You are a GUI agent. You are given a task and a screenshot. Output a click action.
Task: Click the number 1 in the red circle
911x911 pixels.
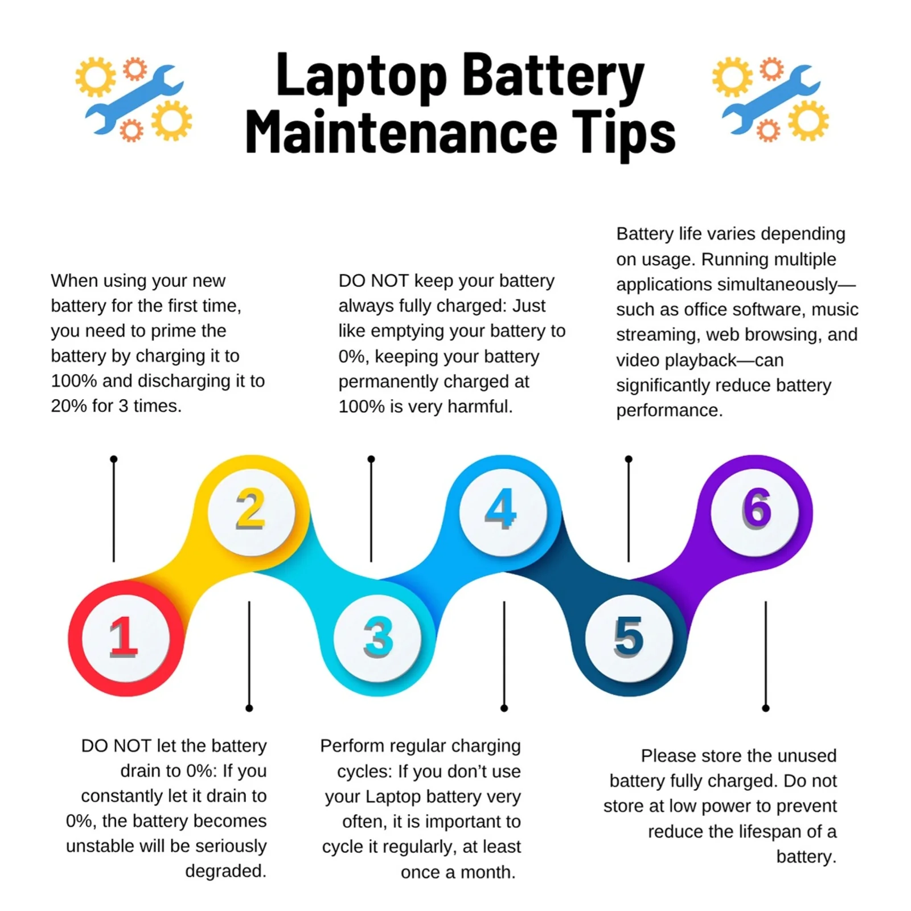pyautogui.click(x=124, y=637)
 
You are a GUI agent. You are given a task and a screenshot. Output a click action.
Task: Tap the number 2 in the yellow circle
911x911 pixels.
pyautogui.click(x=251, y=508)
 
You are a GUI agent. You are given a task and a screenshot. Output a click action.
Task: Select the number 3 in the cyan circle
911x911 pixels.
pyautogui.click(x=378, y=637)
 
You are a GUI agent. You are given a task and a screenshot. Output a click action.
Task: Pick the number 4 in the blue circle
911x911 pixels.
pyautogui.click(x=501, y=508)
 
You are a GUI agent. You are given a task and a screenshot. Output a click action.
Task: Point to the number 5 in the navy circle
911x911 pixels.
pyautogui.click(x=629, y=637)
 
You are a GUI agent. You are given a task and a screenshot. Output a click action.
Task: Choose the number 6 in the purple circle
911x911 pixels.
pyautogui.click(x=757, y=508)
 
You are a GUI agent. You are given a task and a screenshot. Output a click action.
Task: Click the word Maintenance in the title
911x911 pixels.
pyautogui.click(x=401, y=132)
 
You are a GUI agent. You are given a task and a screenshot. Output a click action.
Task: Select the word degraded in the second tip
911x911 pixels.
pyautogui.click(x=225, y=871)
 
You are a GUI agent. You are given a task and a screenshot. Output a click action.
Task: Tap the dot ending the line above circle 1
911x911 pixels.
pyautogui.click(x=114, y=459)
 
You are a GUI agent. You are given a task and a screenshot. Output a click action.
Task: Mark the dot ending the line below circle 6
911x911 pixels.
pyautogui.click(x=766, y=708)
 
